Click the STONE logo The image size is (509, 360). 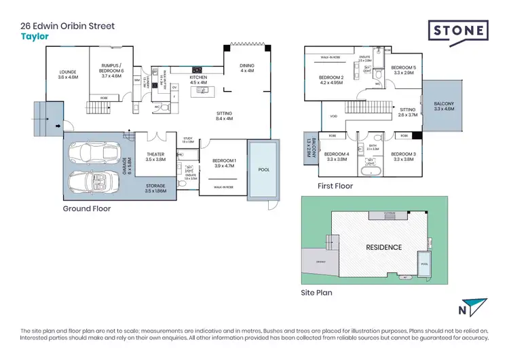pos(458,31)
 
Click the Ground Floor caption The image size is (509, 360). pos(87,209)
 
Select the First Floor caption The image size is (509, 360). pos(335,185)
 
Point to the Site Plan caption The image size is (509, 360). pos(316,293)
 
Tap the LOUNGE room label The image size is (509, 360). pos(69,75)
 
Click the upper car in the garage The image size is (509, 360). pos(92,154)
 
